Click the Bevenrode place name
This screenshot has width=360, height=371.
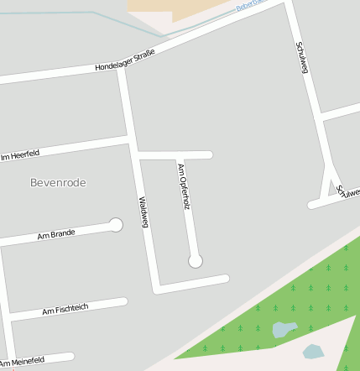click(58, 182)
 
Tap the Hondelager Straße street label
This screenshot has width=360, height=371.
click(124, 60)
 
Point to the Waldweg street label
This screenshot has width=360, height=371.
click(143, 212)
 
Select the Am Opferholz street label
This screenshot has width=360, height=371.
click(183, 186)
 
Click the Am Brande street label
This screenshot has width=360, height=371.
click(56, 234)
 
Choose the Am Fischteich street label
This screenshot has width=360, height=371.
click(65, 311)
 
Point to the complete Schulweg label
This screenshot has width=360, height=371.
click(303, 57)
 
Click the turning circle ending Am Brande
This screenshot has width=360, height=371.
click(116, 225)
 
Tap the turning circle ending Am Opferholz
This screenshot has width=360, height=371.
click(196, 261)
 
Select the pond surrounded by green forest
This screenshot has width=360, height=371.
click(284, 328)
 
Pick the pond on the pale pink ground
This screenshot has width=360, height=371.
click(313, 351)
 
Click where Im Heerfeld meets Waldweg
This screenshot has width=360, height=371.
click(130, 137)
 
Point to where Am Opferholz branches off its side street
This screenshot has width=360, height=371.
click(178, 155)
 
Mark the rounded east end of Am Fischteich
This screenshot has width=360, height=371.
click(123, 300)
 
